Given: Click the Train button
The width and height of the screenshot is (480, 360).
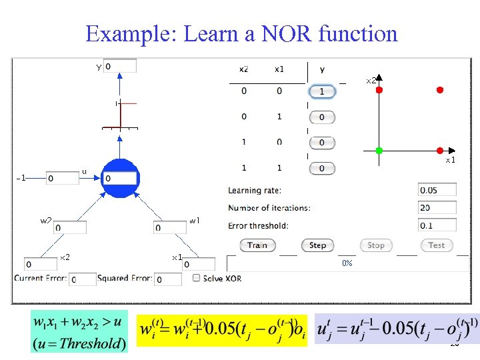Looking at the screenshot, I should click(257, 245).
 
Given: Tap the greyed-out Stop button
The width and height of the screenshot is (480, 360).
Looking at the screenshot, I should click(376, 245).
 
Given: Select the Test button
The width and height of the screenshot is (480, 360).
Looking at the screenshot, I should click(437, 245).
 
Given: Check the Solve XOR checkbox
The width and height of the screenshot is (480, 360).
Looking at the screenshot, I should click(197, 278).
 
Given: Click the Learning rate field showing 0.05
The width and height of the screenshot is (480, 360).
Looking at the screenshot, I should click(437, 191).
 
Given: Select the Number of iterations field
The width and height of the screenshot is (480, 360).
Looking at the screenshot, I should click(437, 208).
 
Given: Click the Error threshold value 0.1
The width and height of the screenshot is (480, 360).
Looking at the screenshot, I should click(437, 225).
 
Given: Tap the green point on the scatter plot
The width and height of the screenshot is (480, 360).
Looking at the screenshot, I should click(379, 151).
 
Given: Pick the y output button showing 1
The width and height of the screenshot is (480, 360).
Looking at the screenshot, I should click(322, 91).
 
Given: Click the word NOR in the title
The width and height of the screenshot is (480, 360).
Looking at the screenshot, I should click(281, 33).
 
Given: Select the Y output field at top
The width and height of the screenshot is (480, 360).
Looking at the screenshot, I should click(120, 66).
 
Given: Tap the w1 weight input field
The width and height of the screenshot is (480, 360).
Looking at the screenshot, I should click(170, 228).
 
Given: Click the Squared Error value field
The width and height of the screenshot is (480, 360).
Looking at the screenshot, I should click(167, 279).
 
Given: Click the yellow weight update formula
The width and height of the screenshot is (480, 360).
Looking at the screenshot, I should click(222, 330).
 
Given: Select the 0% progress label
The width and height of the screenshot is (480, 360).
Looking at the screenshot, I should click(347, 263).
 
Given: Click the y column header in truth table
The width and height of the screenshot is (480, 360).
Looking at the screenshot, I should click(323, 69).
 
